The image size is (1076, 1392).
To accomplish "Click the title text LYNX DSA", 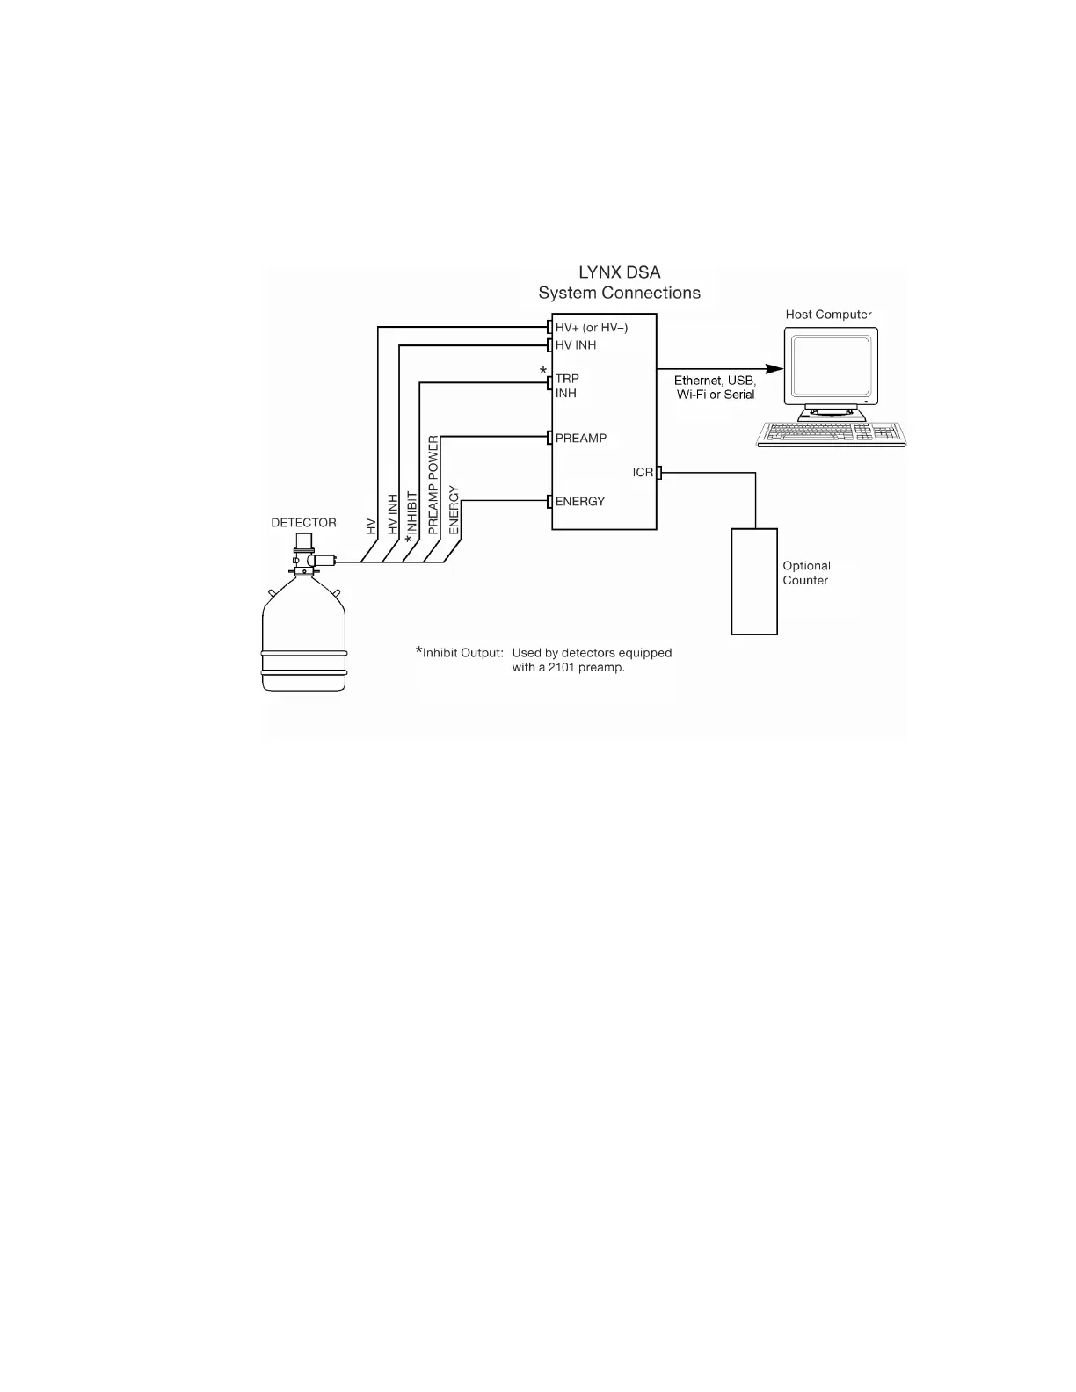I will click(x=619, y=272).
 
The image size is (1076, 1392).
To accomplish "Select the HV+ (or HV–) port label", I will click(x=591, y=328).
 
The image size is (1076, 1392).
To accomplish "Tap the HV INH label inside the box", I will click(x=576, y=345).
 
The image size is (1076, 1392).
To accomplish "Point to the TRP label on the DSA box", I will click(x=567, y=379).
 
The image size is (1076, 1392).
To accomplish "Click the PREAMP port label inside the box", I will click(x=580, y=439).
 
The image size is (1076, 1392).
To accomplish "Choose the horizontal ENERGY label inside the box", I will click(x=579, y=502).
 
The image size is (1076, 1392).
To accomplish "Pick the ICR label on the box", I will click(x=643, y=473).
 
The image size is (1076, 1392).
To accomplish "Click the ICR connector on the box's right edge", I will click(x=659, y=473).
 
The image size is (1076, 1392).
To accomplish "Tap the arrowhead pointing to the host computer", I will click(x=774, y=369).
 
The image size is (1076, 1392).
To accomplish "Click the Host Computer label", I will click(x=828, y=315).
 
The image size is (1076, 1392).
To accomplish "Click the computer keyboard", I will click(x=831, y=433).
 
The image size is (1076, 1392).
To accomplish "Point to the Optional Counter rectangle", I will click(x=754, y=581).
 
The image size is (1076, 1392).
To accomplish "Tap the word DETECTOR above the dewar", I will click(x=303, y=523).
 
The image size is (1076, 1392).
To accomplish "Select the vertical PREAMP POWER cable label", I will click(x=433, y=485).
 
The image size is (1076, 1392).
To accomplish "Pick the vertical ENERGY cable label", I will click(x=454, y=510).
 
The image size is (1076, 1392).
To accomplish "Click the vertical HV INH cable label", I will click(x=393, y=515).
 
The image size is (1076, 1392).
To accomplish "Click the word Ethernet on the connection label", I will click(x=698, y=381).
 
